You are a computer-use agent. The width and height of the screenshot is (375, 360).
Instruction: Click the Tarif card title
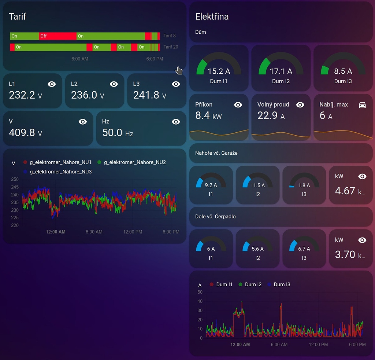pyautogui.click(x=18, y=17)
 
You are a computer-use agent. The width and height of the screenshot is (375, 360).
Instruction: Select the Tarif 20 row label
pyautogui.click(x=171, y=47)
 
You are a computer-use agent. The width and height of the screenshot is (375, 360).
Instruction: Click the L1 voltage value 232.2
pyautogui.click(x=22, y=95)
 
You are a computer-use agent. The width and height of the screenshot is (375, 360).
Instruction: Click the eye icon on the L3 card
pyautogui.click(x=176, y=84)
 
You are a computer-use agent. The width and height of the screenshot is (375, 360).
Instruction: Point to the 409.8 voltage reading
pyautogui.click(x=22, y=132)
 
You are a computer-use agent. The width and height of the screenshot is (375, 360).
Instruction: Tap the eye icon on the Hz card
pyautogui.click(x=176, y=122)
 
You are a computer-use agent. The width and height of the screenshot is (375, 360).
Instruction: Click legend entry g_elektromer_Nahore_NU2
pyautogui.click(x=135, y=162)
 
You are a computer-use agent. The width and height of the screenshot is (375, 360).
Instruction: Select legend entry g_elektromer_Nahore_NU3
pyautogui.click(x=60, y=172)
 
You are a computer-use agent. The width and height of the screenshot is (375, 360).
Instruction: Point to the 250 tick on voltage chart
pyautogui.click(x=15, y=179)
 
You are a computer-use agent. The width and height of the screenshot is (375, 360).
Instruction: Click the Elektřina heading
pyautogui.click(x=212, y=16)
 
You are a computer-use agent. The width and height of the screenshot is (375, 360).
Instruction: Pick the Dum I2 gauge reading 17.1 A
pyautogui.click(x=281, y=71)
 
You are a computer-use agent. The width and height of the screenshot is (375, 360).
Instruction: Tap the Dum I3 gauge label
pyautogui.click(x=343, y=81)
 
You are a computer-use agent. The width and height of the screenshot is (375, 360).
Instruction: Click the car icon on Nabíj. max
pyautogui.click(x=362, y=105)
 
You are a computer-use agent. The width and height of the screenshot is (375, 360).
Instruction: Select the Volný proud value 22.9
pyautogui.click(x=268, y=116)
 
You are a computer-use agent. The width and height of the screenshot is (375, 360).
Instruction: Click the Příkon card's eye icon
pyautogui.click(x=238, y=105)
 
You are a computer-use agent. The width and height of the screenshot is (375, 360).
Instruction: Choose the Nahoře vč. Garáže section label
pyautogui.click(x=216, y=153)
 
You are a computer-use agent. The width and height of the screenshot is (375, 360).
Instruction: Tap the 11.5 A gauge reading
pyautogui.click(x=257, y=185)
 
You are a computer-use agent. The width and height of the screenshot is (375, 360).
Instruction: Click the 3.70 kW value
pyautogui.click(x=345, y=254)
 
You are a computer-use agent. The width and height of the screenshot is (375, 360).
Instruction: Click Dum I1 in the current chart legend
pyautogui.click(x=224, y=284)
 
